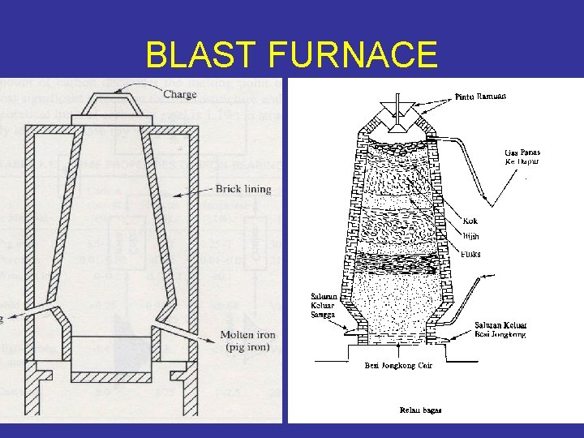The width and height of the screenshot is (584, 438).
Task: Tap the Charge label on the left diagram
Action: pos(179,94)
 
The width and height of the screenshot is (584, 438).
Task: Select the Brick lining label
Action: pos(243,190)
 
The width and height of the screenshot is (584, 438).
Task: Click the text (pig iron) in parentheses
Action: pos(247,347)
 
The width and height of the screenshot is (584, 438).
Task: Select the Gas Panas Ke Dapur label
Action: pos(522,157)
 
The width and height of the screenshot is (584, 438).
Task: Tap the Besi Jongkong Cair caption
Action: pos(398,366)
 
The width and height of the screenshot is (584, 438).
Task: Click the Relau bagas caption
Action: pos(421,410)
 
